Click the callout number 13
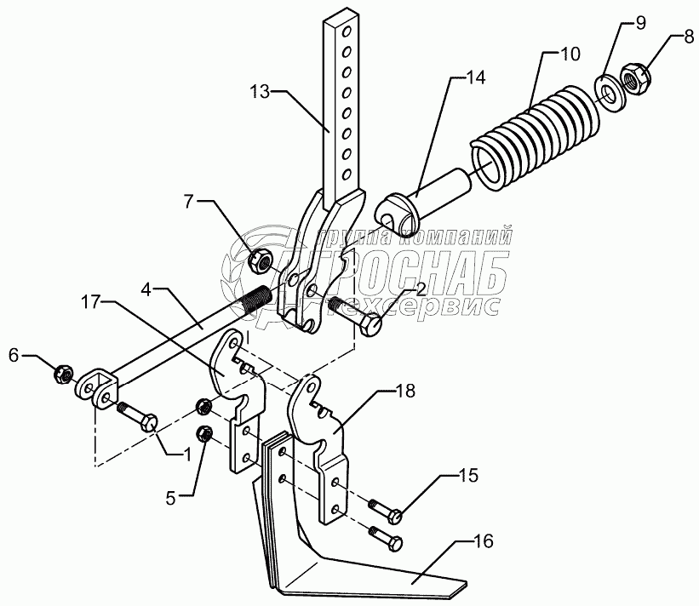coord(261,91)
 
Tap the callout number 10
coord(570,54)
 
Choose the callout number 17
coord(92,300)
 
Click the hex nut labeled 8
coord(634,78)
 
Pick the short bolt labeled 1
coord(138,418)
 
